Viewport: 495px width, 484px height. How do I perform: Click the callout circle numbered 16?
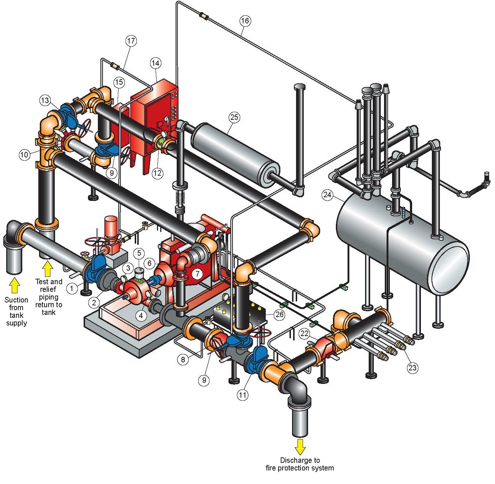(x=245, y=21)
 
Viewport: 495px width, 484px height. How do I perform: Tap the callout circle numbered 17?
(x=131, y=41)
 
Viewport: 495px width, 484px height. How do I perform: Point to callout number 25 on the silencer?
(x=234, y=117)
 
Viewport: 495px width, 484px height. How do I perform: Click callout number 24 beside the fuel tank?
(x=327, y=195)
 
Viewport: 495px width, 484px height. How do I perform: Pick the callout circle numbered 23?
(x=412, y=368)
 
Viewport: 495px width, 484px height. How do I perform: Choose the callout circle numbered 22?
(x=305, y=333)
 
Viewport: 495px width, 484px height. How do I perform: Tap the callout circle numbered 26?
(x=280, y=315)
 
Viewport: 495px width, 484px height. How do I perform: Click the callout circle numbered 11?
(x=243, y=395)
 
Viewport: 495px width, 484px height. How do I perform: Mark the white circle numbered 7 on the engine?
(x=197, y=273)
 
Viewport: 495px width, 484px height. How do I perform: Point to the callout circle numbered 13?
(x=45, y=100)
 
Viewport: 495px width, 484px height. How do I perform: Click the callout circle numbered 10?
(x=24, y=155)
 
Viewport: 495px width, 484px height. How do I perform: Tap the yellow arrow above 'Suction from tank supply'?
(x=14, y=285)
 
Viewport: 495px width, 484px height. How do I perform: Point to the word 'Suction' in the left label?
(x=16, y=300)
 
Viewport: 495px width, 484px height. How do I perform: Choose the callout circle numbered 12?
(x=158, y=173)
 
